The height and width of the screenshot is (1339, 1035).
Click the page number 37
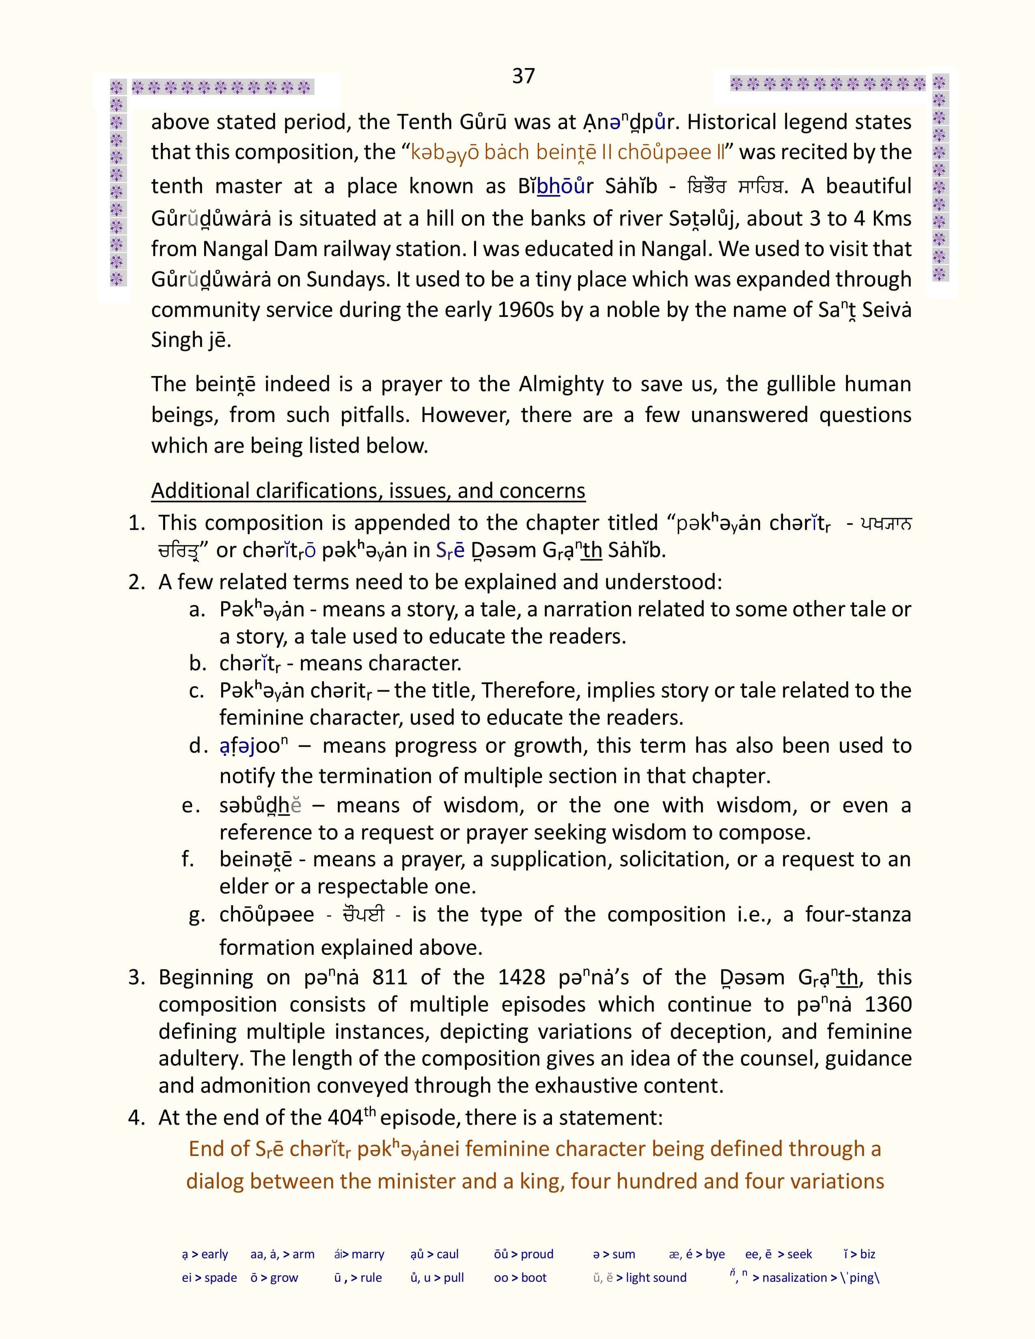[523, 76]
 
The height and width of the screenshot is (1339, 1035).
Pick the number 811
[389, 977]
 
